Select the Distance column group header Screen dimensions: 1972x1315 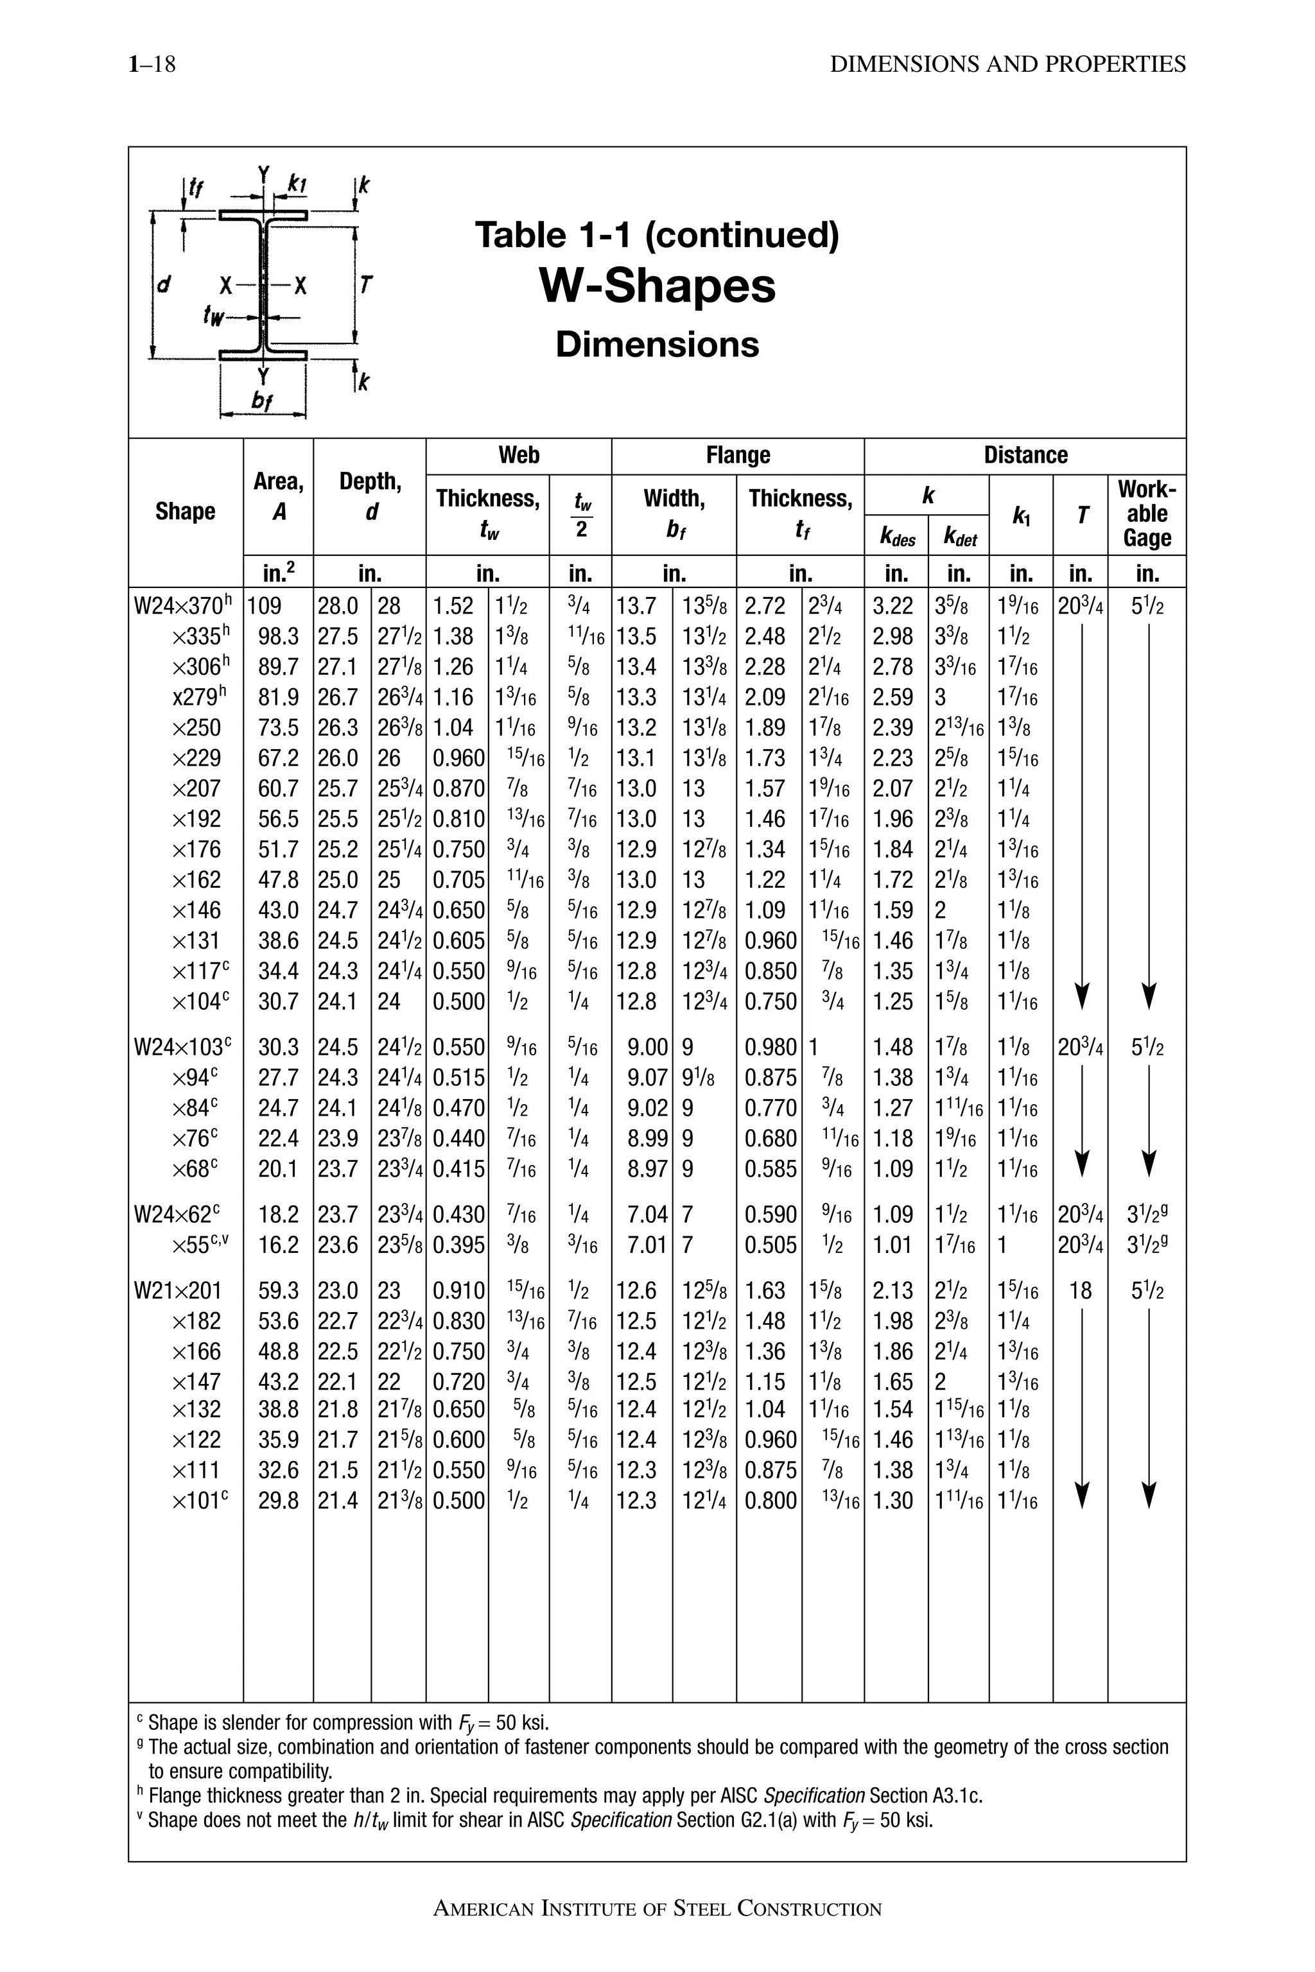tap(1025, 455)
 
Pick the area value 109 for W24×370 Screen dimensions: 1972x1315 tap(265, 606)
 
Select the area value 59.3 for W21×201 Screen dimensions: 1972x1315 tap(277, 1290)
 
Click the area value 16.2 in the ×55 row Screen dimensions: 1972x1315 tap(277, 1245)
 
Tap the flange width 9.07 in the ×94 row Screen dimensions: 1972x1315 tap(647, 1077)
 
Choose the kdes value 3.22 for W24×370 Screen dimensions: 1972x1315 tap(893, 606)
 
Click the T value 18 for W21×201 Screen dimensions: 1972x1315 tap(1080, 1290)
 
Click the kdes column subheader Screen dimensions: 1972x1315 tap(896, 539)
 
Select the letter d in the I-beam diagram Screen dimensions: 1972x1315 tap(164, 284)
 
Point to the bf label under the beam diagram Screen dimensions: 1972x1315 tap(262, 402)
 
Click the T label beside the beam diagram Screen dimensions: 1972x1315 tap(365, 285)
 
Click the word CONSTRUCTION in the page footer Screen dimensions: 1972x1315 tap(809, 1909)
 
